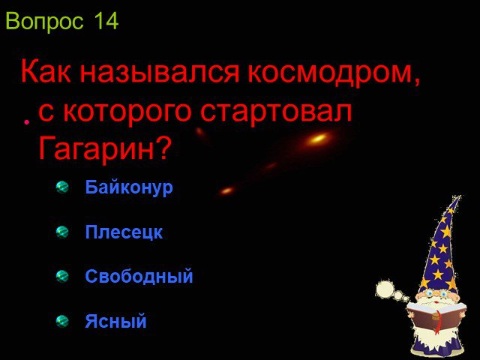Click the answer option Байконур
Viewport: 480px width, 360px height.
pyautogui.click(x=129, y=187)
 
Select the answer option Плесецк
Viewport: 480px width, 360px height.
pyautogui.click(x=124, y=232)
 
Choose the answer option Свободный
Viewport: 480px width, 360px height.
pyautogui.click(x=139, y=276)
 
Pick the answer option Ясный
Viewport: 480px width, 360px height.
pyautogui.click(x=115, y=321)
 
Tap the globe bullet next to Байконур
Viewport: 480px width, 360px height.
pyautogui.click(x=62, y=187)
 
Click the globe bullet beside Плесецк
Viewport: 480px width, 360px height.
pyautogui.click(x=62, y=232)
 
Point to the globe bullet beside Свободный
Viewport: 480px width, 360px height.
pyautogui.click(x=62, y=277)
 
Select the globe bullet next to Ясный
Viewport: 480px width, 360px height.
pyautogui.click(x=62, y=322)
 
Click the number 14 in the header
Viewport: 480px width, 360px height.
pyautogui.click(x=106, y=21)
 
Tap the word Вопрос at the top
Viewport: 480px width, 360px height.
pyautogui.click(x=44, y=22)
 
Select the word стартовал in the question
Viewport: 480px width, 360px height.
pyautogui.click(x=276, y=112)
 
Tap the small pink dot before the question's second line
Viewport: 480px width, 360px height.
pyautogui.click(x=27, y=122)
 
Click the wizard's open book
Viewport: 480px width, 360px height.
pyautogui.click(x=436, y=317)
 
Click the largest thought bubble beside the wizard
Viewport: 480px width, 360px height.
pyautogui.click(x=385, y=289)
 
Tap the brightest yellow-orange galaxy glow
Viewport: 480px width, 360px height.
pyautogui.click(x=318, y=138)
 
